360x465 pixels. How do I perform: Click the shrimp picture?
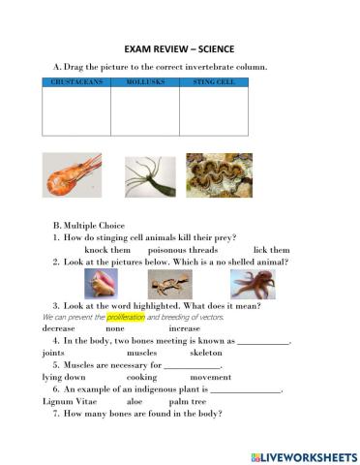(x=73, y=176)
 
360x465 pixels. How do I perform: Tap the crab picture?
(x=171, y=284)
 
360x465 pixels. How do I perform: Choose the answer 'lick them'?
(x=271, y=249)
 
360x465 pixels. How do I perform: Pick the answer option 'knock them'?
(x=107, y=249)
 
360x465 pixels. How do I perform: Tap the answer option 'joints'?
(x=54, y=354)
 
